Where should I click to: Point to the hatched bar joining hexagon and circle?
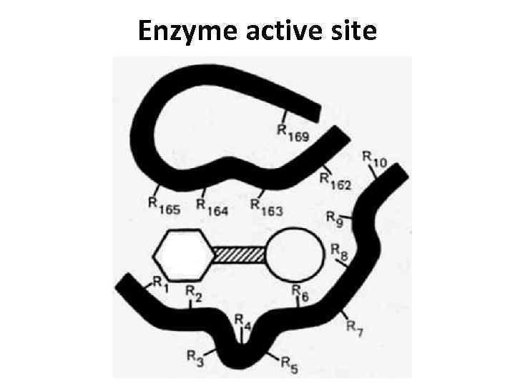point(240,254)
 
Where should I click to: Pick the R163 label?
point(266,207)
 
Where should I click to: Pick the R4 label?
point(242,322)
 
